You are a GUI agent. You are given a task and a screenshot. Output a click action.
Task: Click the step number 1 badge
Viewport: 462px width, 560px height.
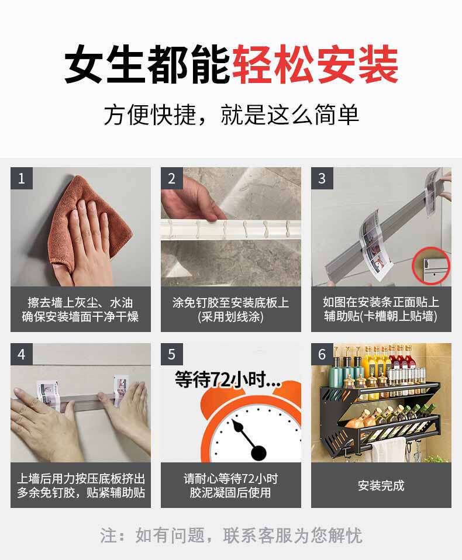22,178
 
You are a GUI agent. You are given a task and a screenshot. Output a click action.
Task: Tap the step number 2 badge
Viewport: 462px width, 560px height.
172,178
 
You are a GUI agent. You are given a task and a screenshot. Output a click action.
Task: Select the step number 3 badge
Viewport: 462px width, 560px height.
322,178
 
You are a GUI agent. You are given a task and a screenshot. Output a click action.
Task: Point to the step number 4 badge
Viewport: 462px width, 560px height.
22,354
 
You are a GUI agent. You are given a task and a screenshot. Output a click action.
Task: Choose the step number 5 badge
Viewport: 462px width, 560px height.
172,354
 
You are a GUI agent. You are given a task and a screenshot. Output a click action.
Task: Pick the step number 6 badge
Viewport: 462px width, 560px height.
322,354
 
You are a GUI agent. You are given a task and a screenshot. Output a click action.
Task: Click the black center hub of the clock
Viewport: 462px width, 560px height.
258,453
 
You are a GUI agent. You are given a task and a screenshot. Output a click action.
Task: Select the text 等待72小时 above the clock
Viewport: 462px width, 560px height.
227,379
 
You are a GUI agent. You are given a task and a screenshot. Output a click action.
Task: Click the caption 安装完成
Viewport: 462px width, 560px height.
381,485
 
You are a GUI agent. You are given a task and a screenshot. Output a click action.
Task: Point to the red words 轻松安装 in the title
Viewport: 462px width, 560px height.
315,64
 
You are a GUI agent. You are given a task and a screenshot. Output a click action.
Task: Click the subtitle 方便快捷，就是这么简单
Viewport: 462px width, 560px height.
231,115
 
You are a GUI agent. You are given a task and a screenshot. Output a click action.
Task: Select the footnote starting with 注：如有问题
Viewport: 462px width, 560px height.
231,535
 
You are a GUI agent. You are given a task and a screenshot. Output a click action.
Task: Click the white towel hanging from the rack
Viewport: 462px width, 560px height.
389,450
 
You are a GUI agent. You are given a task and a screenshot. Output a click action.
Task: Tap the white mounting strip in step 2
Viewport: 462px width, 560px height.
231,229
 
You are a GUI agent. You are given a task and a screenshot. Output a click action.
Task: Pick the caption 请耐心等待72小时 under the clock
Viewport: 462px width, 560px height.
231,479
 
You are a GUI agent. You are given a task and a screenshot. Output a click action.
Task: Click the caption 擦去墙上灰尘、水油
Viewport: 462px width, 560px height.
80,302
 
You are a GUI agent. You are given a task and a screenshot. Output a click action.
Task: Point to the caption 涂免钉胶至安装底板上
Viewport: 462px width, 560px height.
231,302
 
